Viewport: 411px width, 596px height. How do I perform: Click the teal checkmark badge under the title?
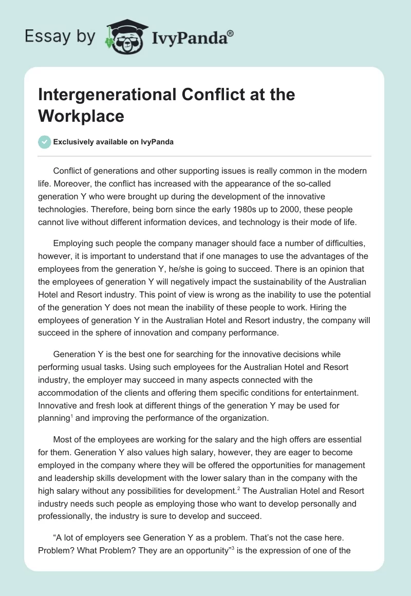[x=45, y=142]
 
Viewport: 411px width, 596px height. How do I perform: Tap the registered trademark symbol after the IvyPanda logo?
[x=230, y=33]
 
